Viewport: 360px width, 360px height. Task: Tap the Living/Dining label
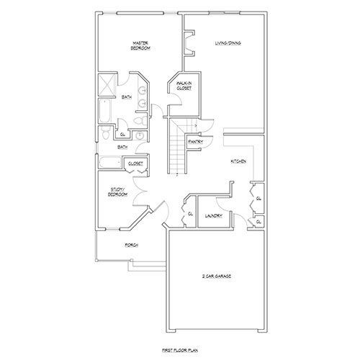point(228,44)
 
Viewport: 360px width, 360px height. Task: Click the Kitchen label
point(239,161)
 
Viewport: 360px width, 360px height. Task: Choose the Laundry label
point(212,215)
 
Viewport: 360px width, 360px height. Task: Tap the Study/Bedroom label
point(117,192)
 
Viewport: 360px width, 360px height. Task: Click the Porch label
point(131,246)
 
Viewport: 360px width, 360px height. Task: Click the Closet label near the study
point(135,163)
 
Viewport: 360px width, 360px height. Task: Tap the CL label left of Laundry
point(191,213)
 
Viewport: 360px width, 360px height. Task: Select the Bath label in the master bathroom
point(127,97)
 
